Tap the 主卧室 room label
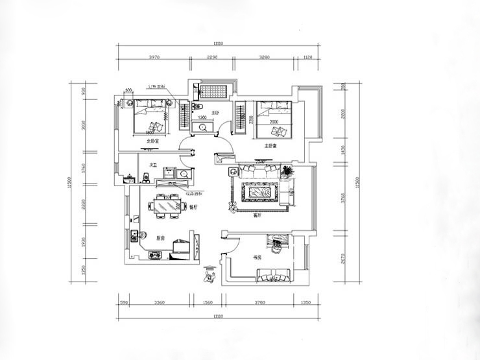271,146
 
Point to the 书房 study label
257,258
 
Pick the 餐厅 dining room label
192,207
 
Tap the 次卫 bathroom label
154,165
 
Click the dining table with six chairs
167,206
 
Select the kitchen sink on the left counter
134,236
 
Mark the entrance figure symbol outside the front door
209,276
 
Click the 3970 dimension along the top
154,57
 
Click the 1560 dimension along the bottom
208,302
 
